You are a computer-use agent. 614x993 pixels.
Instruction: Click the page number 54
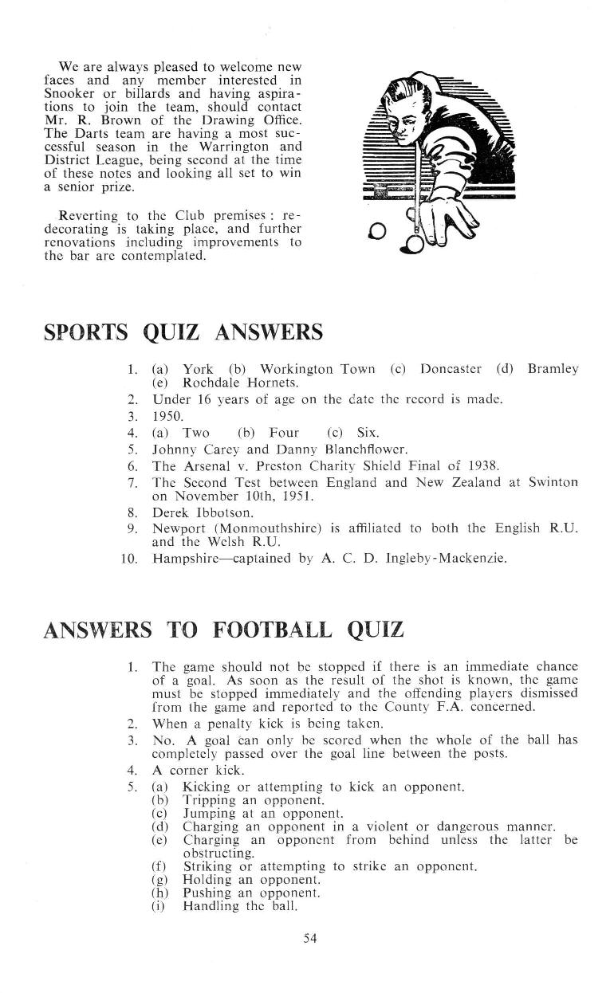(310, 938)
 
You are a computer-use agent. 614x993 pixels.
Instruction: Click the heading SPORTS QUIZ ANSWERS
(183, 331)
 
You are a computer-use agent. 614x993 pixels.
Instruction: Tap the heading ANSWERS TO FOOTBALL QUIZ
(223, 630)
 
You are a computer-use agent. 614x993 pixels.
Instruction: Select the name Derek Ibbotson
(191, 512)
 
